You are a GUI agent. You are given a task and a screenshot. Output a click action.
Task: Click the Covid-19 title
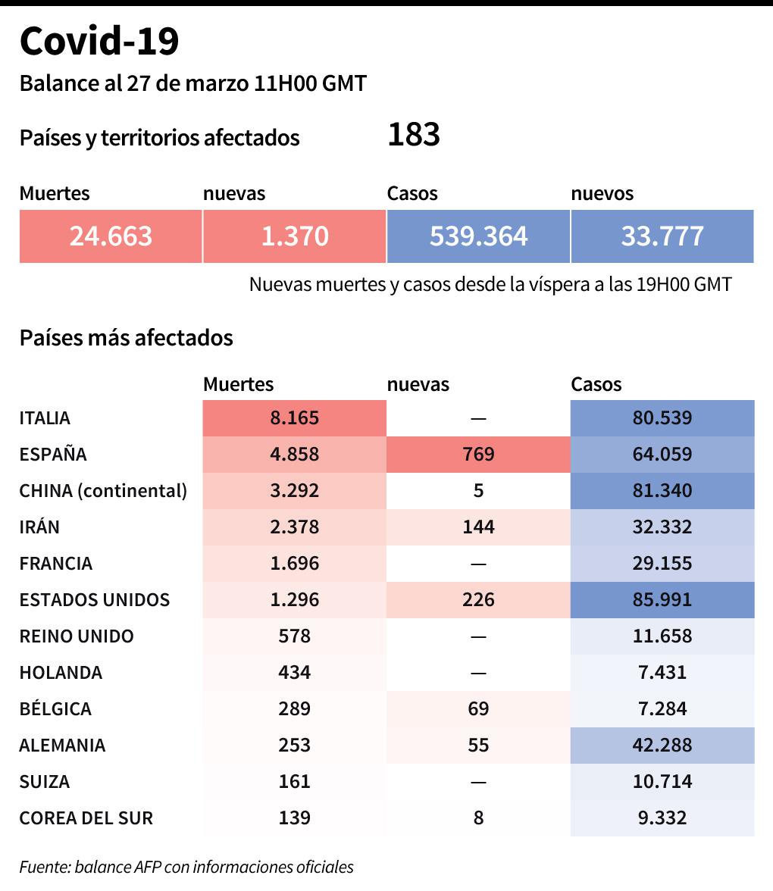coord(99,41)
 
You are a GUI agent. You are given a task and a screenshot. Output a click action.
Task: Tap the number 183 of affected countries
coord(414,135)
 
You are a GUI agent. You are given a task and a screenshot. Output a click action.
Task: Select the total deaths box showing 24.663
coord(111,236)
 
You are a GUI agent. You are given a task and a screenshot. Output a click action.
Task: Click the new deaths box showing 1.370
coord(295,236)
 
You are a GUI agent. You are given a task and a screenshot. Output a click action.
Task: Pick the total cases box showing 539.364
coord(478,236)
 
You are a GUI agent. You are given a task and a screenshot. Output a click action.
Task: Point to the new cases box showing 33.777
coord(662,236)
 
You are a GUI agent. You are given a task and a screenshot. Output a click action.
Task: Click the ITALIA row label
coord(45,418)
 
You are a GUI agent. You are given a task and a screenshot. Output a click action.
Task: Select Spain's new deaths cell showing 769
coord(478,455)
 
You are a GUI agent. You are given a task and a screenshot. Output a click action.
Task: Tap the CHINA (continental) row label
coord(103,491)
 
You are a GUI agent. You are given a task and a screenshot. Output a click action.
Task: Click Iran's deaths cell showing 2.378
coord(295,527)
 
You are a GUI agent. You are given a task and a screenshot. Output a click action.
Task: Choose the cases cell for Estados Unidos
coord(662,600)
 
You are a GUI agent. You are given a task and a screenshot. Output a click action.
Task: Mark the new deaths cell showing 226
coord(478,600)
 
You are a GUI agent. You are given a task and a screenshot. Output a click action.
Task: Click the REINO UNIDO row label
coord(77,636)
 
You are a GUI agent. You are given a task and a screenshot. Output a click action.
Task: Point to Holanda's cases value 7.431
coord(662,673)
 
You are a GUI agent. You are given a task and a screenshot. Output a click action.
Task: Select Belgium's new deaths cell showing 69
coord(478,709)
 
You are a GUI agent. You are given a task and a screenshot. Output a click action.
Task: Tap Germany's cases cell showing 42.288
coord(662,746)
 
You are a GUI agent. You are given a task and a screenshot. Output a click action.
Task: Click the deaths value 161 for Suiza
coord(295,782)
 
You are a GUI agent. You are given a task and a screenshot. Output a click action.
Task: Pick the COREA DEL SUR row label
coord(86,818)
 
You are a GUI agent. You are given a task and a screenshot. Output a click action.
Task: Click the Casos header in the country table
coord(596,384)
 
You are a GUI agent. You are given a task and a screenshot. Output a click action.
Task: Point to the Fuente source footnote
coord(186,867)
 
